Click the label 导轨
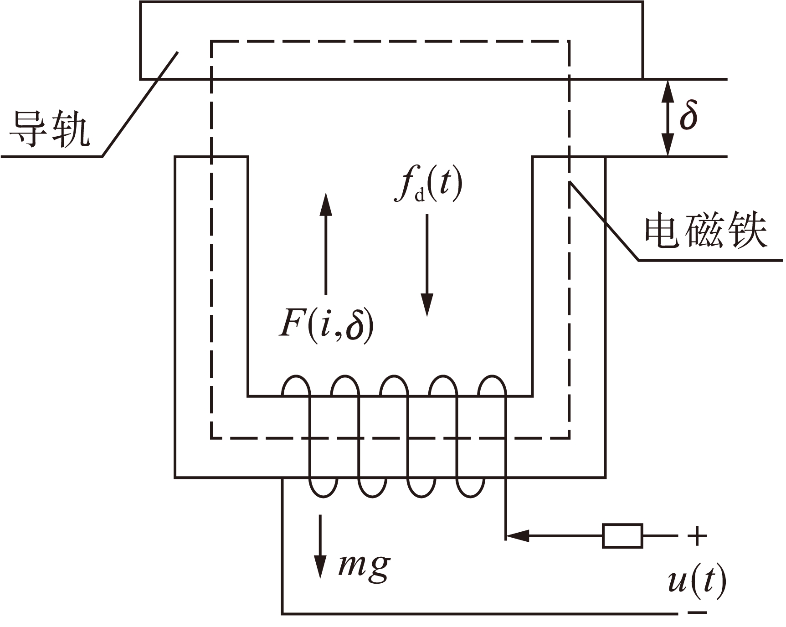coord(49,128)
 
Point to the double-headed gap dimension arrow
coord(668,118)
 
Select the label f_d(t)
coord(428,185)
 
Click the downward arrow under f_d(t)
coord(427,264)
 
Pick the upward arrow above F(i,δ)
coord(325,244)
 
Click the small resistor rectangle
coord(622,536)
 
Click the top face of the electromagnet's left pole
coord(211,157)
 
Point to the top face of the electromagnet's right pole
coord(569,157)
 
